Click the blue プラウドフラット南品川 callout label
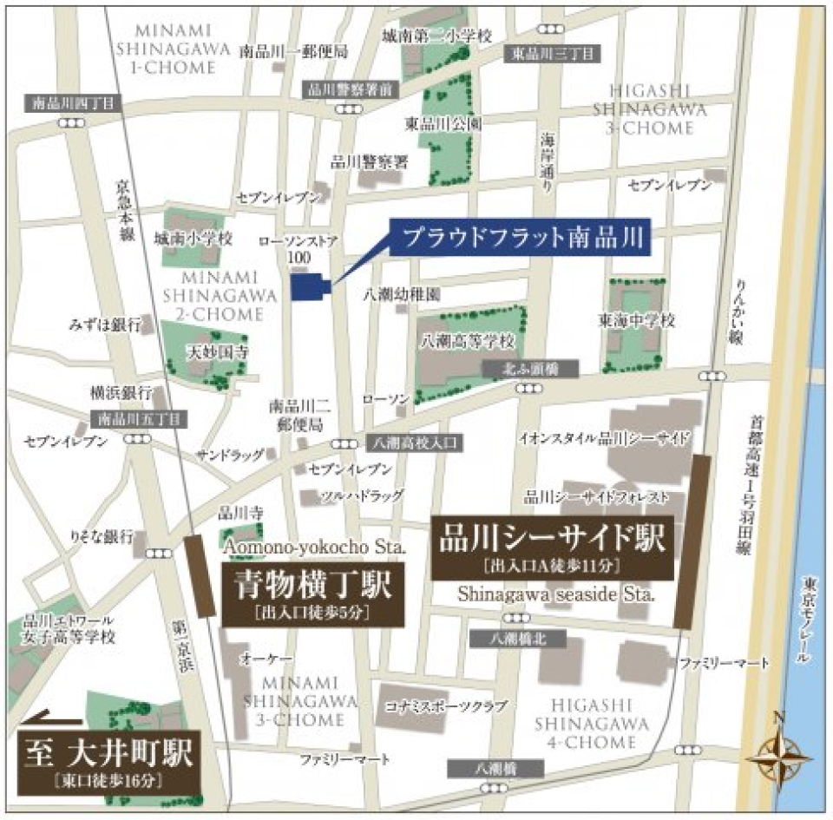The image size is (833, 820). click(518, 238)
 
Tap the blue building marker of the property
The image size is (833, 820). click(309, 287)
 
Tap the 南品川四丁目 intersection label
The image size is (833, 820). click(74, 103)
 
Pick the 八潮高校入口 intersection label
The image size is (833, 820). click(414, 443)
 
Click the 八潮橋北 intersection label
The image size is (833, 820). click(516, 639)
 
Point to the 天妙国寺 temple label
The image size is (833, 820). click(219, 353)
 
